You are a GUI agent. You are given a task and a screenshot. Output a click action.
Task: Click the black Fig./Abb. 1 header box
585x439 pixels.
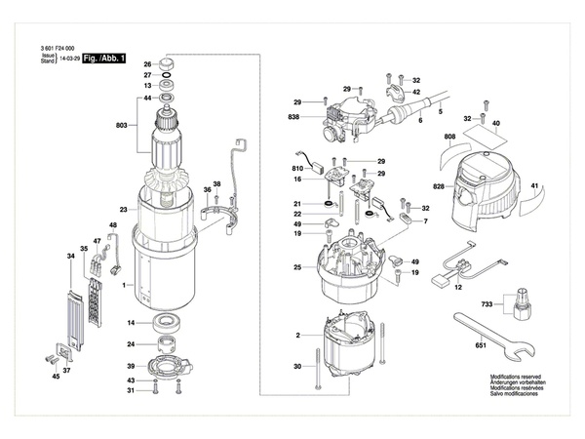104,60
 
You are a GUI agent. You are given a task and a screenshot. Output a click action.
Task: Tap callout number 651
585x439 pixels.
480,346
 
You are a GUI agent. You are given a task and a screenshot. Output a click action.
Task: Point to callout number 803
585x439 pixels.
121,126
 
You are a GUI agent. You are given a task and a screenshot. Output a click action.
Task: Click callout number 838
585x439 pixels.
293,117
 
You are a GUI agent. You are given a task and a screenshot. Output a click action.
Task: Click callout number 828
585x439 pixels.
439,185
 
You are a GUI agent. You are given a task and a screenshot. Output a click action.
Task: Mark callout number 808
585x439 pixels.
449,138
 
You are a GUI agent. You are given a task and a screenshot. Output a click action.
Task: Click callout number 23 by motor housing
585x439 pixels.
124,210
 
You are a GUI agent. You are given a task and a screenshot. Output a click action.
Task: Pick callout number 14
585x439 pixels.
131,323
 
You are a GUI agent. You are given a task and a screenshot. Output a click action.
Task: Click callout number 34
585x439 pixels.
70,257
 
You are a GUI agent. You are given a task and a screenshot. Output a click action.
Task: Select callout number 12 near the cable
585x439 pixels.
459,289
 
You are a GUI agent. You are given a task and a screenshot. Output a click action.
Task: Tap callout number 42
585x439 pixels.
416,92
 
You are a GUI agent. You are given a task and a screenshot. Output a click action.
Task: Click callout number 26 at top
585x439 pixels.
148,64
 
